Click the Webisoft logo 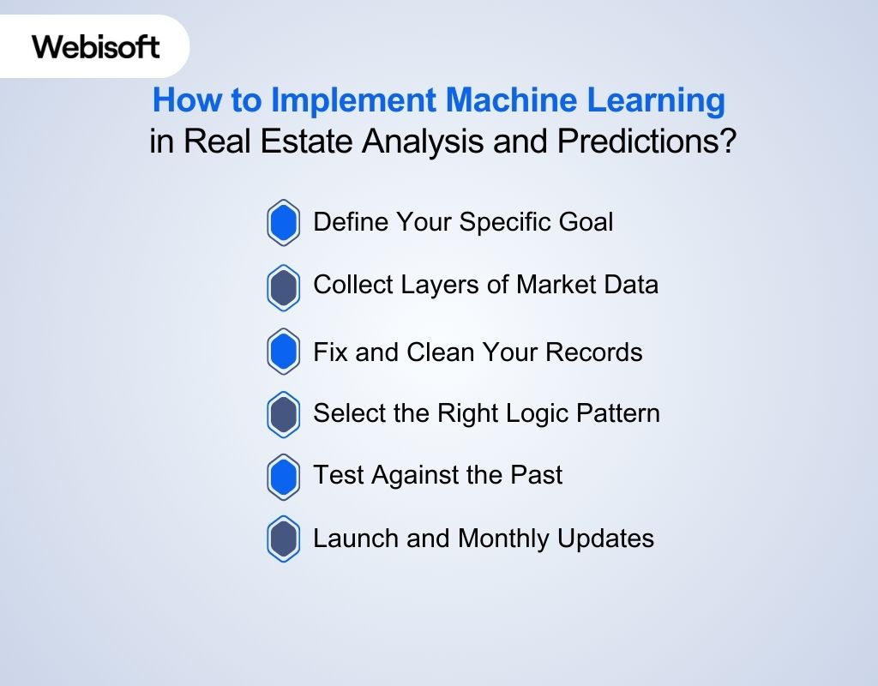point(96,45)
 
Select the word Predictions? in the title point(646,141)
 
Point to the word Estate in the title point(309,141)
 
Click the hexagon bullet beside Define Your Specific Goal point(284,223)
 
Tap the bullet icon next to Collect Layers point(284,287)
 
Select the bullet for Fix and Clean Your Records point(284,352)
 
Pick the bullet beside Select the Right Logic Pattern point(284,414)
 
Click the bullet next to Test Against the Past point(284,477)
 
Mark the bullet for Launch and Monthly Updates point(284,539)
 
